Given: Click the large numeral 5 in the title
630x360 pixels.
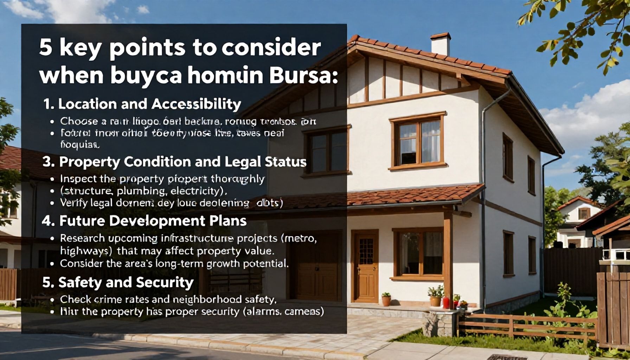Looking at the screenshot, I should (x=46, y=48).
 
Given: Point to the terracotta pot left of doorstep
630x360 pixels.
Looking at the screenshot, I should (x=386, y=300).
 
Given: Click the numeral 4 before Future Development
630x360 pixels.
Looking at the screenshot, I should (x=47, y=221).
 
